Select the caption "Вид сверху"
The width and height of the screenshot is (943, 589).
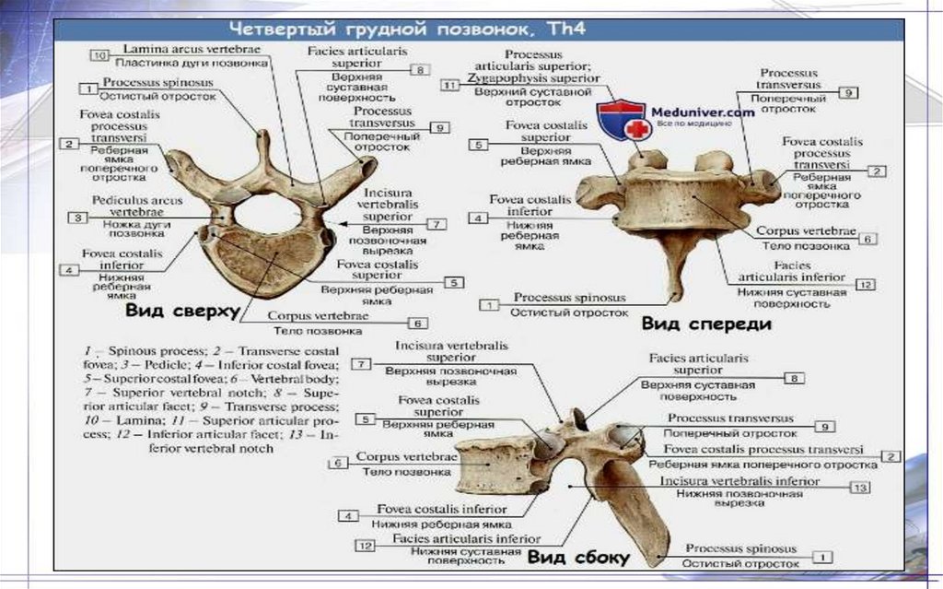click(181, 311)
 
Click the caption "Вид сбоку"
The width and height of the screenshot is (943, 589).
click(577, 557)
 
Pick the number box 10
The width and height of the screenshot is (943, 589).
click(99, 54)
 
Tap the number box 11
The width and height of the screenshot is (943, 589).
click(450, 86)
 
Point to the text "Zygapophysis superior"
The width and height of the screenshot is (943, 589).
click(533, 79)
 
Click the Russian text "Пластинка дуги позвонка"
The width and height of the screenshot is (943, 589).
click(192, 64)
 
